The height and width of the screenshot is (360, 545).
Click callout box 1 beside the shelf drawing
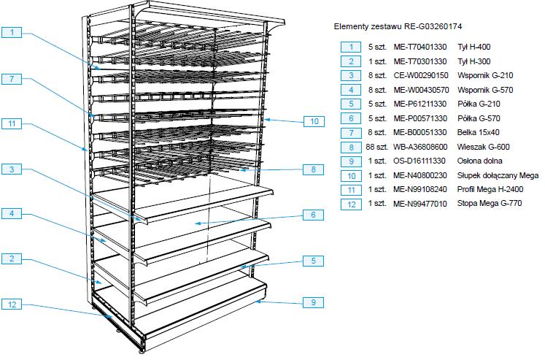click(x=12, y=32)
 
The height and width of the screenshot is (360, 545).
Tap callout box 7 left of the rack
click(x=12, y=79)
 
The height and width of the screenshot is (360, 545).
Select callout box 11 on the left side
click(x=12, y=124)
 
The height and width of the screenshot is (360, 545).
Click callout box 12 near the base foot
click(x=12, y=305)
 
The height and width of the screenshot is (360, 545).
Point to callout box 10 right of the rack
click(x=314, y=121)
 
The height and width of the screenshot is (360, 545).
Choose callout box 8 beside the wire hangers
click(x=313, y=169)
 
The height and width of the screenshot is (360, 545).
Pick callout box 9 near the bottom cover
click(x=313, y=302)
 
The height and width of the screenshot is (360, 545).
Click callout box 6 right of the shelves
click(x=313, y=215)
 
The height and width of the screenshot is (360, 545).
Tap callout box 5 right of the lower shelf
click(x=313, y=261)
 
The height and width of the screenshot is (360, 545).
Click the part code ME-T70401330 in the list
click(x=420, y=47)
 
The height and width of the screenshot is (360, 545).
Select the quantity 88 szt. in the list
click(x=376, y=147)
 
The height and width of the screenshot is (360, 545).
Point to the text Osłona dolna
click(x=479, y=161)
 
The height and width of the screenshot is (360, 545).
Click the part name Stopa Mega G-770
click(x=490, y=204)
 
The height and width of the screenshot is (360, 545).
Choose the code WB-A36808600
click(x=420, y=147)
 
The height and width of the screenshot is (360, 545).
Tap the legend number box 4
click(x=351, y=90)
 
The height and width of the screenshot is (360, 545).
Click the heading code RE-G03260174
click(x=433, y=26)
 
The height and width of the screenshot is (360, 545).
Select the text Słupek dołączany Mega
click(x=498, y=175)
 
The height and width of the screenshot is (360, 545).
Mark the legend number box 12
click(x=351, y=204)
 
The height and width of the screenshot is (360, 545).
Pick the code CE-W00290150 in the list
click(x=421, y=75)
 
